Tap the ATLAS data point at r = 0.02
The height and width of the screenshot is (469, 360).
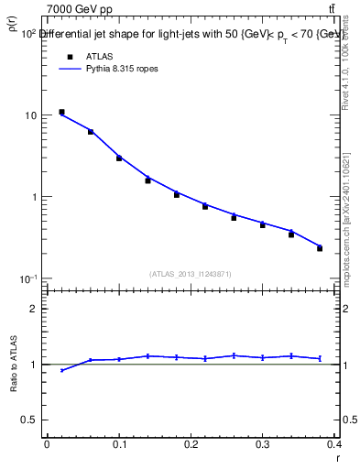[61, 112]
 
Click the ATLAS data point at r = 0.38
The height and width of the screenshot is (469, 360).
[320, 248]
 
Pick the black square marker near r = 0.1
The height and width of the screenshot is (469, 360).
[119, 158]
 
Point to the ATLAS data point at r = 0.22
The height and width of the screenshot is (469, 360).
[205, 206]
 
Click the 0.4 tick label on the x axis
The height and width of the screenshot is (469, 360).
[334, 444]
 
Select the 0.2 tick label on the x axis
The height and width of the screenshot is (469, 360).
[191, 444]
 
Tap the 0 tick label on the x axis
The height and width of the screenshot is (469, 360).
[47, 444]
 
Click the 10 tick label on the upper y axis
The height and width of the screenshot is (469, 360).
[31, 116]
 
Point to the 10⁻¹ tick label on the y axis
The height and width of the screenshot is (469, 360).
[28, 278]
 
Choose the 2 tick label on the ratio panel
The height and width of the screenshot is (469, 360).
[35, 309]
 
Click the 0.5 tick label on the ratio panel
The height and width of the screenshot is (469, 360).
[31, 420]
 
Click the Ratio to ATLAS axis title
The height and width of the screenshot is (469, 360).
[15, 365]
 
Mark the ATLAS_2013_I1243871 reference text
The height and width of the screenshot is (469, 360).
[191, 274]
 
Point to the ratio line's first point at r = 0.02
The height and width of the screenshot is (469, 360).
[61, 370]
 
